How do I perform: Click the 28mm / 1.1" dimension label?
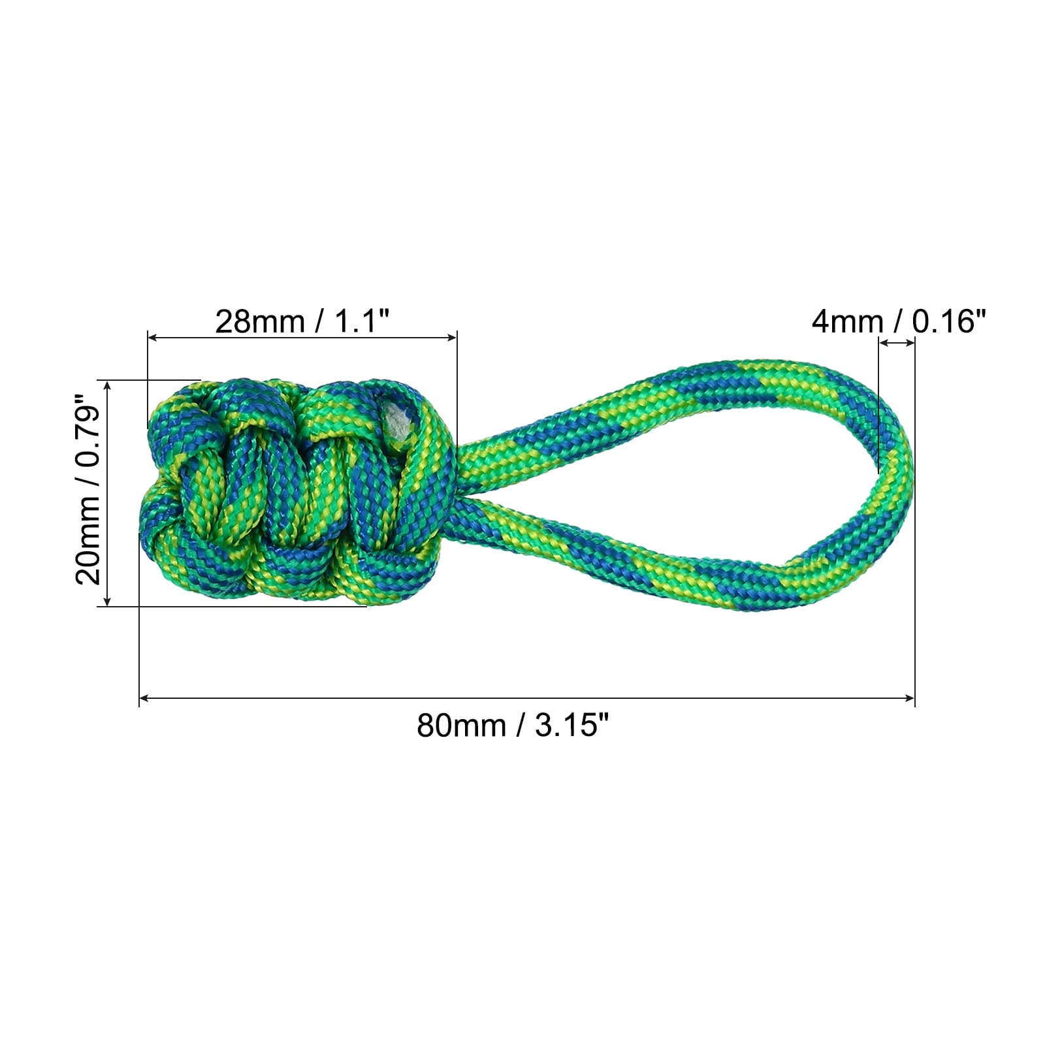pos(302,321)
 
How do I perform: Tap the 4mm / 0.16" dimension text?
pos(898,321)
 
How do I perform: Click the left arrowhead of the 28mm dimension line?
pos(153,338)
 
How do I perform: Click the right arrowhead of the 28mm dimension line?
pos(452,338)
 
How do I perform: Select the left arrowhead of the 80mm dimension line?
pos(144,698)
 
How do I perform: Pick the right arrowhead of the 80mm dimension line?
pos(910,698)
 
